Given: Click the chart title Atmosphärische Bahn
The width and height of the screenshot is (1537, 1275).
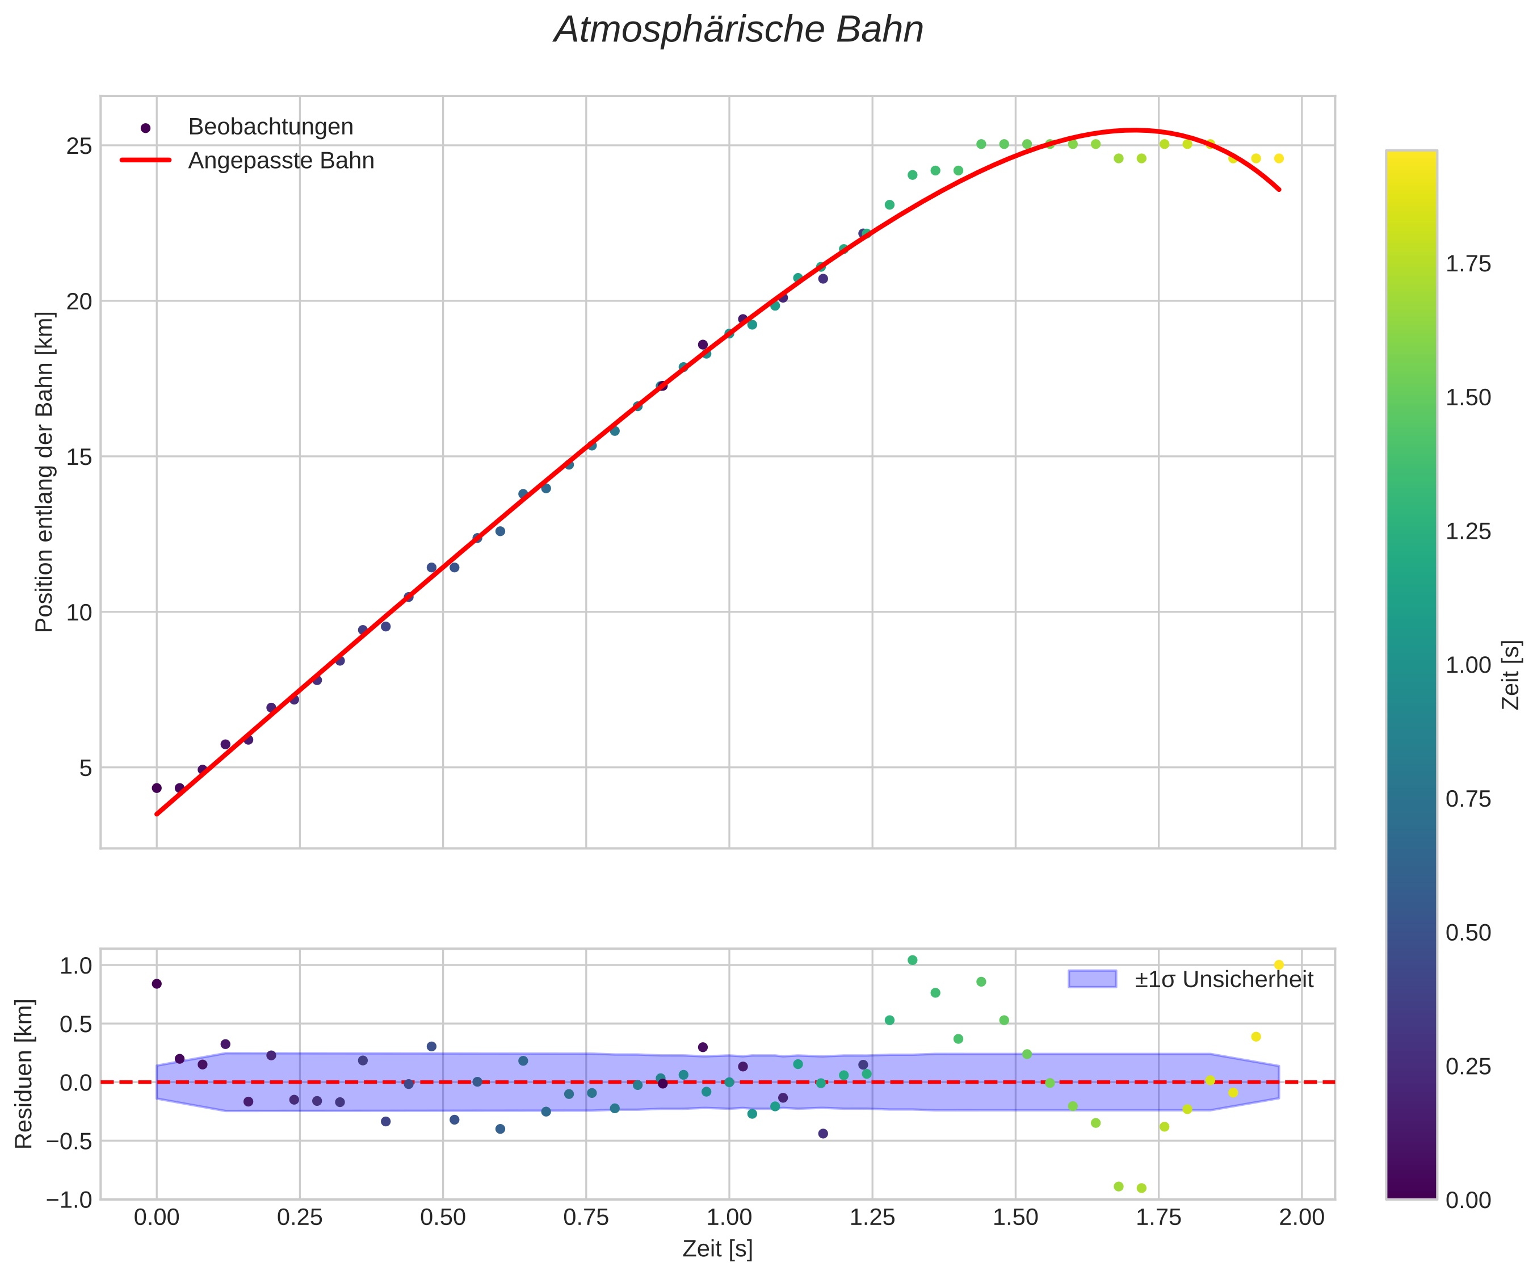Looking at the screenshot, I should click(738, 31).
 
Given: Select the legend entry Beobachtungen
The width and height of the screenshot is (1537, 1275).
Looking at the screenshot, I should click(270, 127).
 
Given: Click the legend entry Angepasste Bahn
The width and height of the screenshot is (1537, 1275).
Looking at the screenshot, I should click(281, 161).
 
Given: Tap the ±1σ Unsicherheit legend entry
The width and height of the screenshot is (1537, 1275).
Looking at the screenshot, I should click(1224, 979).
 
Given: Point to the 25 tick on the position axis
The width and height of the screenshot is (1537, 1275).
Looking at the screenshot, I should click(79, 146).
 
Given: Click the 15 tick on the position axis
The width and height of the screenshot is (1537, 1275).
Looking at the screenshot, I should click(79, 457).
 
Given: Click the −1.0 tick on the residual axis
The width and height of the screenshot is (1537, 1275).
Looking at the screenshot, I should click(70, 1199).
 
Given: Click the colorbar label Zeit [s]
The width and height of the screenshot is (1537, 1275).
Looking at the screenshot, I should click(1511, 675).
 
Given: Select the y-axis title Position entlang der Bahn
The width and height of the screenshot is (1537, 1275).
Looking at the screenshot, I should click(45, 472).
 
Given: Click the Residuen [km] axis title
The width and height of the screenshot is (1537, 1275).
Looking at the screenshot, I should click(24, 1073).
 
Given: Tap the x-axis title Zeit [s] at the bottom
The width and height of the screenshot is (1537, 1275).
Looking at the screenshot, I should click(717, 1249).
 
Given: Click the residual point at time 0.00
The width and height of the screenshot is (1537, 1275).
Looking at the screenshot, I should click(157, 984).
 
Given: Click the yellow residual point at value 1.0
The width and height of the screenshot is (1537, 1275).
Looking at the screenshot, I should click(1279, 964).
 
